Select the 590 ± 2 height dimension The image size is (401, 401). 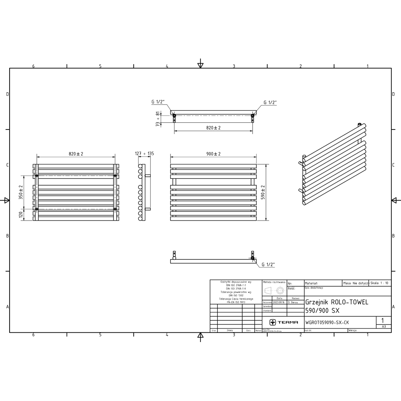coord(263,192)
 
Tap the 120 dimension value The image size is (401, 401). coord(21,215)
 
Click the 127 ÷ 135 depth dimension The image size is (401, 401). coord(145,154)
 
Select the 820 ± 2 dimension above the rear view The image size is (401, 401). coord(76,154)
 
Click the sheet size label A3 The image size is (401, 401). coord(384,327)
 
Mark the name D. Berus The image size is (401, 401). coord(296,303)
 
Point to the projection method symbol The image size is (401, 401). coord(274,290)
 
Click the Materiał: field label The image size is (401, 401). coord(312,283)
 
